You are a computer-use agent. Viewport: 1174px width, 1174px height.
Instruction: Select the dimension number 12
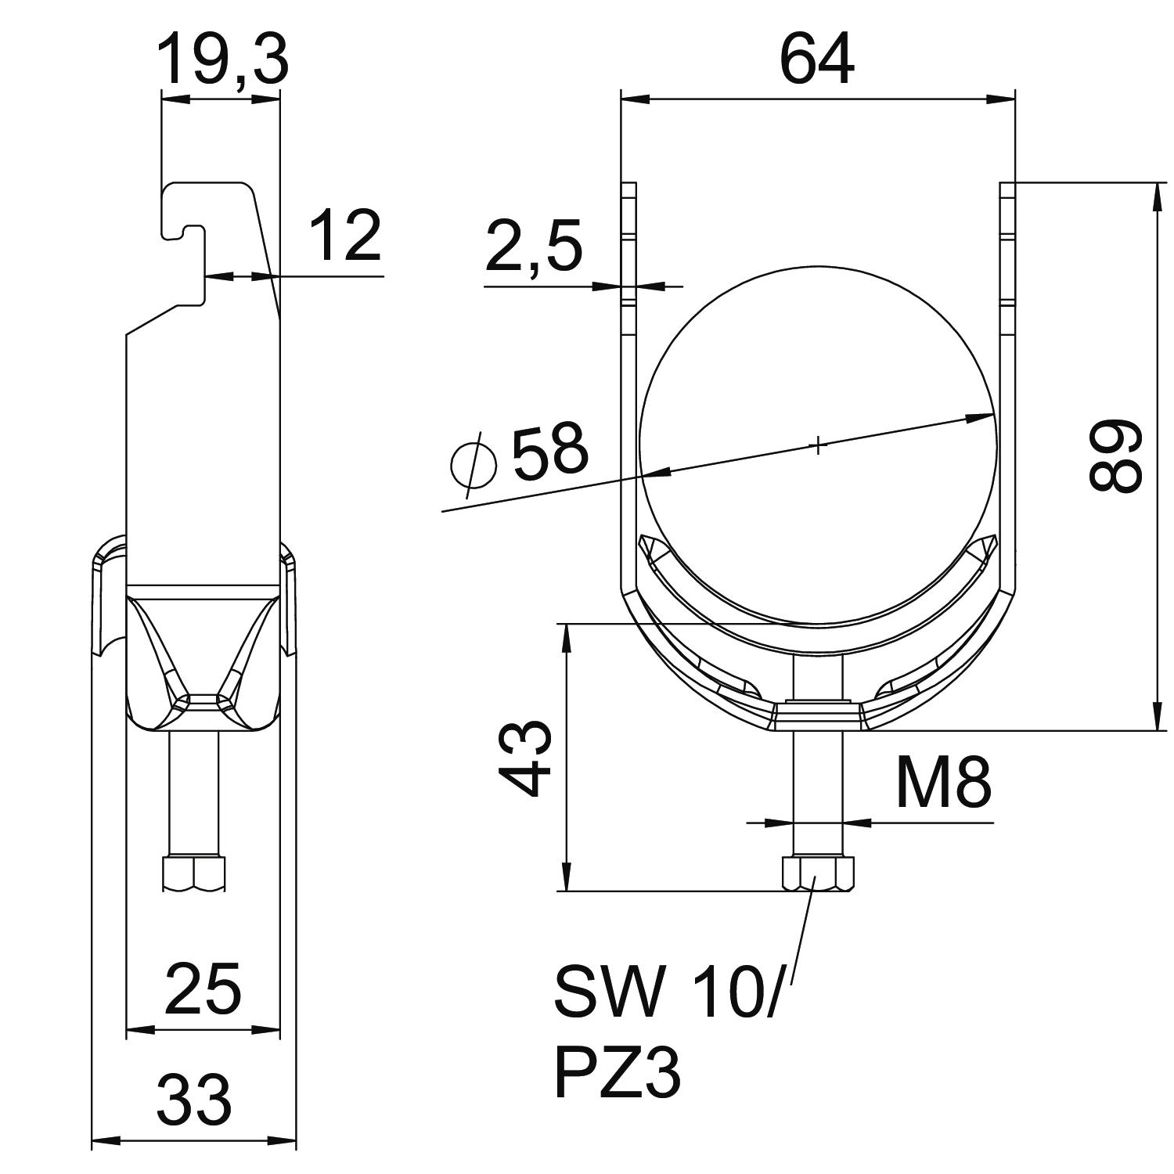(x=345, y=236)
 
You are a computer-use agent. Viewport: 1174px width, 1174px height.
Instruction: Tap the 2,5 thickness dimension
(x=533, y=247)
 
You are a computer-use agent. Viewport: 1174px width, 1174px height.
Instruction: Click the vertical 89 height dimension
(x=1117, y=456)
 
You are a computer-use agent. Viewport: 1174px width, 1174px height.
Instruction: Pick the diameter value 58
(x=549, y=451)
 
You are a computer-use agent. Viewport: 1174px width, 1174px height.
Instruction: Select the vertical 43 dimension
(x=526, y=758)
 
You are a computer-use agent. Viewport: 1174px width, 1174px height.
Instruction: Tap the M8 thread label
(x=943, y=783)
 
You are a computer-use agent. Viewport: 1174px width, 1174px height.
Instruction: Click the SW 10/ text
(x=665, y=992)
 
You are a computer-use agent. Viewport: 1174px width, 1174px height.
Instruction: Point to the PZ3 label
(x=618, y=1073)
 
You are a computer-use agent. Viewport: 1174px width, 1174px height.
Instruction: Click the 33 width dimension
(x=194, y=1099)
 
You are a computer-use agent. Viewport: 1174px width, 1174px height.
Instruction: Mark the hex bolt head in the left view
(x=193, y=874)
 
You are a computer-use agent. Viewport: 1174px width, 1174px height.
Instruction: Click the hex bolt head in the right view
(x=817, y=874)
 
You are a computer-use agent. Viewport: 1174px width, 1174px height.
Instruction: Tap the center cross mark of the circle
(x=817, y=447)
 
